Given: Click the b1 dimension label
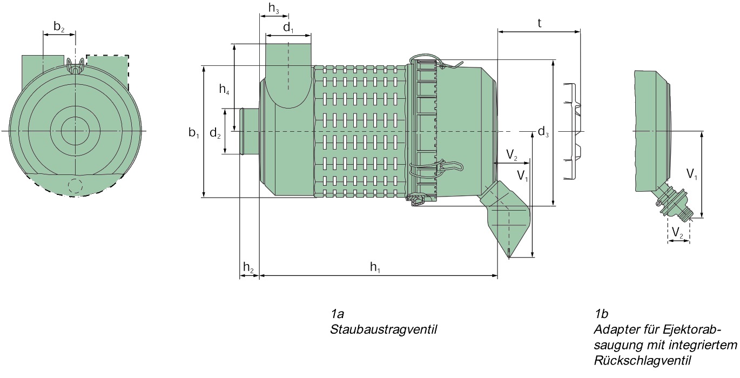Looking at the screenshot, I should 194,132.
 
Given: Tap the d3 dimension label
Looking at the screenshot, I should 543,131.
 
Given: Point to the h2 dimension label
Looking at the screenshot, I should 248,266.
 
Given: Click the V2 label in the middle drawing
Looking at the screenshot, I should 512,156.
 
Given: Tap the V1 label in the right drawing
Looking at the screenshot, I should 692,174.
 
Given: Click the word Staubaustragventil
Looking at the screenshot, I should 383,329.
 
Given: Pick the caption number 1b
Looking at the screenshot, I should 601,314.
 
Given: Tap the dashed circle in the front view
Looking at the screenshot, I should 75,186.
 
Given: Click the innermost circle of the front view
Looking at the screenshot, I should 75,130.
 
